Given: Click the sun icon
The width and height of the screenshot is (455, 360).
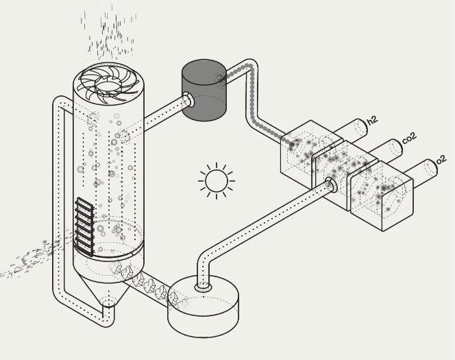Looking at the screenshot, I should (x=216, y=181).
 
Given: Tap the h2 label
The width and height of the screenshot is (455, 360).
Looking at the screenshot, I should (x=372, y=121).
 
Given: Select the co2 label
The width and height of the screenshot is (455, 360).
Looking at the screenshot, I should (x=409, y=139).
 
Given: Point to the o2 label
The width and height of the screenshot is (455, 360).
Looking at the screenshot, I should (x=441, y=160).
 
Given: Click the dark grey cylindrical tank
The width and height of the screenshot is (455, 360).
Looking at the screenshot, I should (x=204, y=91).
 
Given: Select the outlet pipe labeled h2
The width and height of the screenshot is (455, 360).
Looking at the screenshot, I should (x=356, y=128).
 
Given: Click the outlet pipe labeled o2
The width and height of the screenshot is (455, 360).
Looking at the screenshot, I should (x=426, y=169).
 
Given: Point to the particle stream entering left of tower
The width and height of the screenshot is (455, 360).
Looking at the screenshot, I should (x=31, y=259).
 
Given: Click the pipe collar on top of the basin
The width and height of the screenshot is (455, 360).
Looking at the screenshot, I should (x=204, y=287).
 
